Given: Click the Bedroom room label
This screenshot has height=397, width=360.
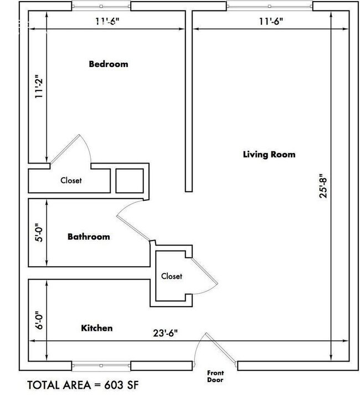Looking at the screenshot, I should point(108,64).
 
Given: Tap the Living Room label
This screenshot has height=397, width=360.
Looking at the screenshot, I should point(269,154).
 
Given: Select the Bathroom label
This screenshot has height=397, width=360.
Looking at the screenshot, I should point(89,237).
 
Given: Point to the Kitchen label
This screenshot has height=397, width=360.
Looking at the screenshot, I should point(97,328).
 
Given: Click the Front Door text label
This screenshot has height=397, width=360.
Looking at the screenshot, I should point(215,376).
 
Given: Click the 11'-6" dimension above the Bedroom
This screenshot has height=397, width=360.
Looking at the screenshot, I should point(108,22).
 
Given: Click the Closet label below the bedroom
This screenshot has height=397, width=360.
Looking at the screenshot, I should point(71,180).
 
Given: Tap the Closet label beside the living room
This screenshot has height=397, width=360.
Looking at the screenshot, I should point(172,276).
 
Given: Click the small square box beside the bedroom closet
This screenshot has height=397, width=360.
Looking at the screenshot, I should point(129,180).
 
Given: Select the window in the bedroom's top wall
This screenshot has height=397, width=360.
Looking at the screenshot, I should point(102,7).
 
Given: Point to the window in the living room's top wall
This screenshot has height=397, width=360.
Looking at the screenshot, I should point(270,7).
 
